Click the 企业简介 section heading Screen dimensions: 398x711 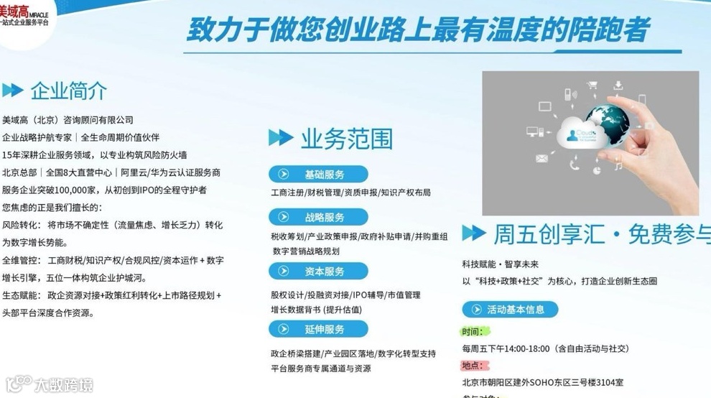pyautogui.click(x=68, y=91)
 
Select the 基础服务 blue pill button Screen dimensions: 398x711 pyautogui.click(x=318, y=175)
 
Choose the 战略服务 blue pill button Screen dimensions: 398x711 pyautogui.click(x=318, y=218)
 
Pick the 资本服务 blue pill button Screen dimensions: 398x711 pyautogui.click(x=318, y=272)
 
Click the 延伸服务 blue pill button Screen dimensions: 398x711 pyautogui.click(x=318, y=329)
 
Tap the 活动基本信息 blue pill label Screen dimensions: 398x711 pyautogui.click(x=510, y=310)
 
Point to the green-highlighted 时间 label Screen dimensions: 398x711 pyautogui.click(x=473, y=332)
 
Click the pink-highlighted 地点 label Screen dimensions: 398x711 pyautogui.click(x=473, y=366)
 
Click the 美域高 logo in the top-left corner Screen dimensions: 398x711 pyautogui.click(x=24, y=16)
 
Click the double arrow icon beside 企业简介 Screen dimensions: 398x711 pyautogui.click(x=13, y=91)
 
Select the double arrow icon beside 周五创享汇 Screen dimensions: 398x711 pyautogui.click(x=473, y=233)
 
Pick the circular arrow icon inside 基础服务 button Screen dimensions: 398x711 pyautogui.click(x=284, y=175)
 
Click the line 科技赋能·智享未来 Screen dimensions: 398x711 pyautogui.click(x=500, y=264)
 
